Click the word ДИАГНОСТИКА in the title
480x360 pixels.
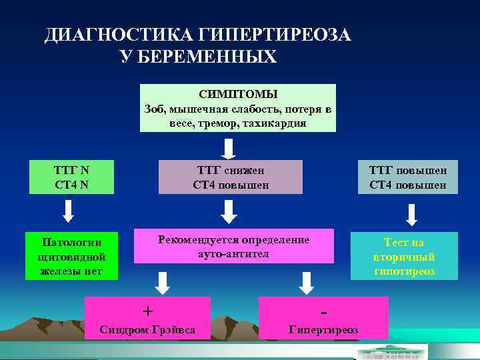[117, 35]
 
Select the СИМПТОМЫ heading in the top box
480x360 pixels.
[238, 95]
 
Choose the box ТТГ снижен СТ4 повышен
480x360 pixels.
[231, 177]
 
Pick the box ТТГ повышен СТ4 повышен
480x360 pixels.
[407, 177]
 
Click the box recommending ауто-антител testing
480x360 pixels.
[233, 246]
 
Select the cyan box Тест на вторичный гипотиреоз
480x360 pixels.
[404, 256]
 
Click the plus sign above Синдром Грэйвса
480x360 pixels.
[148, 311]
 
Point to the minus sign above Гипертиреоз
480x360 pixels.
[323, 311]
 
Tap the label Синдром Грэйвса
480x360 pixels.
[147, 329]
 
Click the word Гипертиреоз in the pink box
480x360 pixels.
[323, 329]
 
